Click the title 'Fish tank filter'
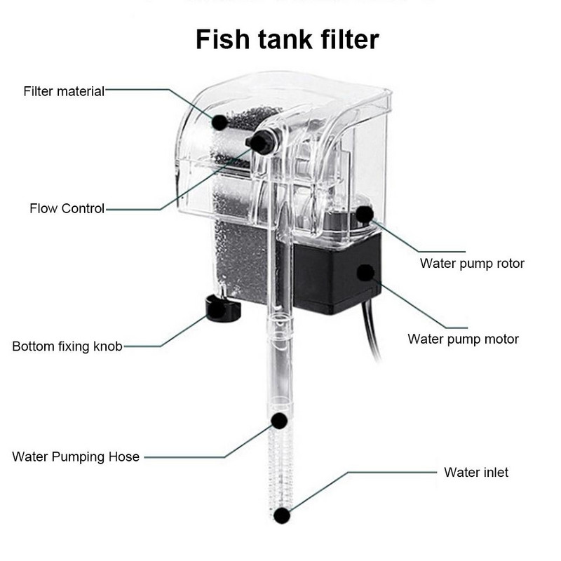[x=287, y=39]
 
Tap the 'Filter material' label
[x=64, y=91]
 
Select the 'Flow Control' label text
[x=67, y=208]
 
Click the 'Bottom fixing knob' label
[x=67, y=346]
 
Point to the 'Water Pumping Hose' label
[x=76, y=457]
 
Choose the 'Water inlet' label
[x=476, y=472]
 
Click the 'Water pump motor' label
[x=463, y=339]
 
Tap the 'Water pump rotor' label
[x=472, y=264]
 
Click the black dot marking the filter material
[x=219, y=122]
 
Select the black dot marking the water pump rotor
[x=364, y=214]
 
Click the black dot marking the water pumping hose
[x=279, y=421]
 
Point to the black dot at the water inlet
[x=282, y=516]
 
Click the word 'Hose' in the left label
[x=123, y=457]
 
